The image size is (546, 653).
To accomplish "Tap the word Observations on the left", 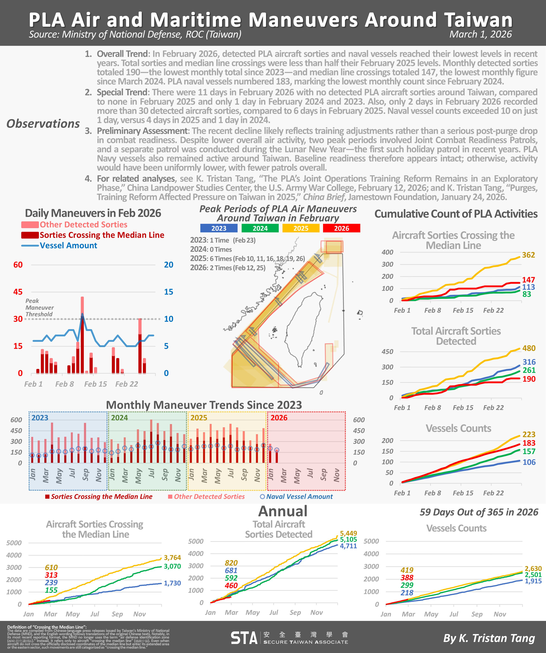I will [x=43, y=124].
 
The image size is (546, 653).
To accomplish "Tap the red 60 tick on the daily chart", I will [x=18, y=265].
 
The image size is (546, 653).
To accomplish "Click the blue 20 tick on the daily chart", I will [x=169, y=265].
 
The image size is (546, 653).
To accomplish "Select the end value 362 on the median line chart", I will [x=528, y=255].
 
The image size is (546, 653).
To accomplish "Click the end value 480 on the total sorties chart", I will [x=529, y=348].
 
